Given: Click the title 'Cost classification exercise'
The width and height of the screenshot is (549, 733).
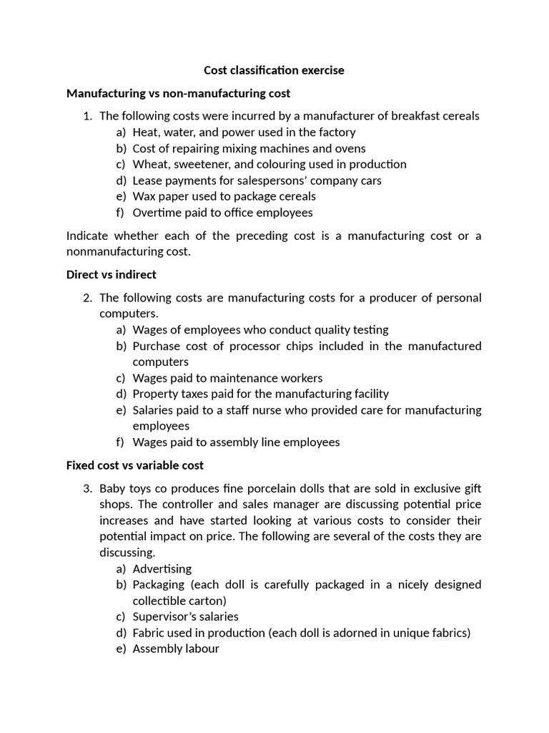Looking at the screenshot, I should [x=274, y=70].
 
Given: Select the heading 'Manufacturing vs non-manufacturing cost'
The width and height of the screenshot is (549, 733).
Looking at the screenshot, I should [x=178, y=93].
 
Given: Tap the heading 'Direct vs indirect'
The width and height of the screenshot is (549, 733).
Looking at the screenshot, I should [x=111, y=274].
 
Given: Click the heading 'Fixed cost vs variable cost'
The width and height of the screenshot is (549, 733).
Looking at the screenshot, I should [x=134, y=465].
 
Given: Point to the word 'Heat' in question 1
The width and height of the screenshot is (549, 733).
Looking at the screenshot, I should [x=145, y=132].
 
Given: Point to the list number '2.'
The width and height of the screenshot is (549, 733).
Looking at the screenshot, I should [x=88, y=298].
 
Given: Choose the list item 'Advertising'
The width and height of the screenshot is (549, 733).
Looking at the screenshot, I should [x=162, y=569].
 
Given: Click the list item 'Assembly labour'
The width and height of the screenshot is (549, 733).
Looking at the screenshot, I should [x=176, y=649].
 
